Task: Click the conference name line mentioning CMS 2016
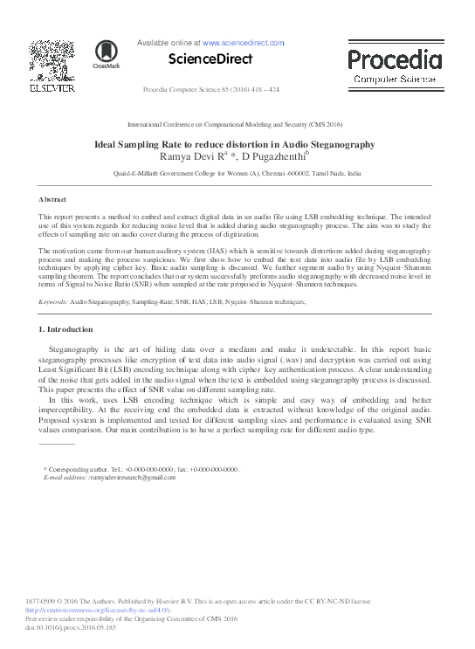(236, 125)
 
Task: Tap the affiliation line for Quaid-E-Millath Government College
(237, 174)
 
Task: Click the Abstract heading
(52, 200)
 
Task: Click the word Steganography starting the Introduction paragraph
(74, 349)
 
